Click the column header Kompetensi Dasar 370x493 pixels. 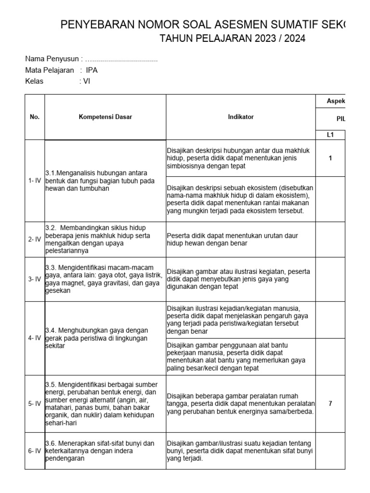click(106, 117)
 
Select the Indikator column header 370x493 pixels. click(241, 117)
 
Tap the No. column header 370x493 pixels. click(35, 117)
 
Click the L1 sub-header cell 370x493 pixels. click(330, 135)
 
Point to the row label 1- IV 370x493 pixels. click(35, 181)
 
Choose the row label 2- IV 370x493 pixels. click(35, 239)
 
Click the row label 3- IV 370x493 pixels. click(35, 279)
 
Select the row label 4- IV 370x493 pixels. click(35, 338)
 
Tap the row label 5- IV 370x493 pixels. click(35, 403)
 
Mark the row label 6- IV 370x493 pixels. click(35, 451)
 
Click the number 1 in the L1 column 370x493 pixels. click(330, 158)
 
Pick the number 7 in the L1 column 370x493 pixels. click(330, 403)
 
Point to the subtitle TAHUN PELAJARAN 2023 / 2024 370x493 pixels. click(233, 39)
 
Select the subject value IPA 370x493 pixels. click(92, 70)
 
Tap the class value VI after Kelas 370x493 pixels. click(87, 81)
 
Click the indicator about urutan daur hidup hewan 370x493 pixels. click(232, 239)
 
